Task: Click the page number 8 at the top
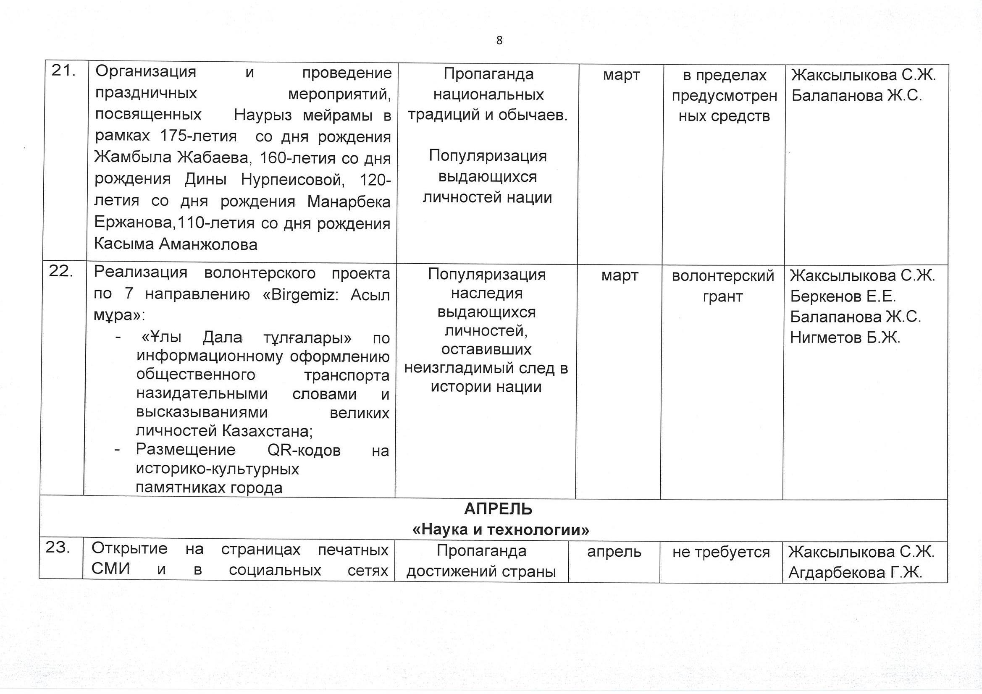pyautogui.click(x=499, y=41)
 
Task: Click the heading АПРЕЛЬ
pyautogui.click(x=498, y=509)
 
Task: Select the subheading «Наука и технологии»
pyautogui.click(x=500, y=530)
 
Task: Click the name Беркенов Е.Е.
pyautogui.click(x=843, y=296)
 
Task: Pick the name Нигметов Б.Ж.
pyautogui.click(x=845, y=338)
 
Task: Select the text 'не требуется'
pyautogui.click(x=721, y=553)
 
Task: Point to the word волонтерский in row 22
pyautogui.click(x=723, y=276)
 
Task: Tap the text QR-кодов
pyautogui.click(x=304, y=450)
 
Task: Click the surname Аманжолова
pyautogui.click(x=208, y=245)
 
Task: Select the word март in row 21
pyautogui.click(x=621, y=75)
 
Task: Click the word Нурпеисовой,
pyautogui.click(x=294, y=180)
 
